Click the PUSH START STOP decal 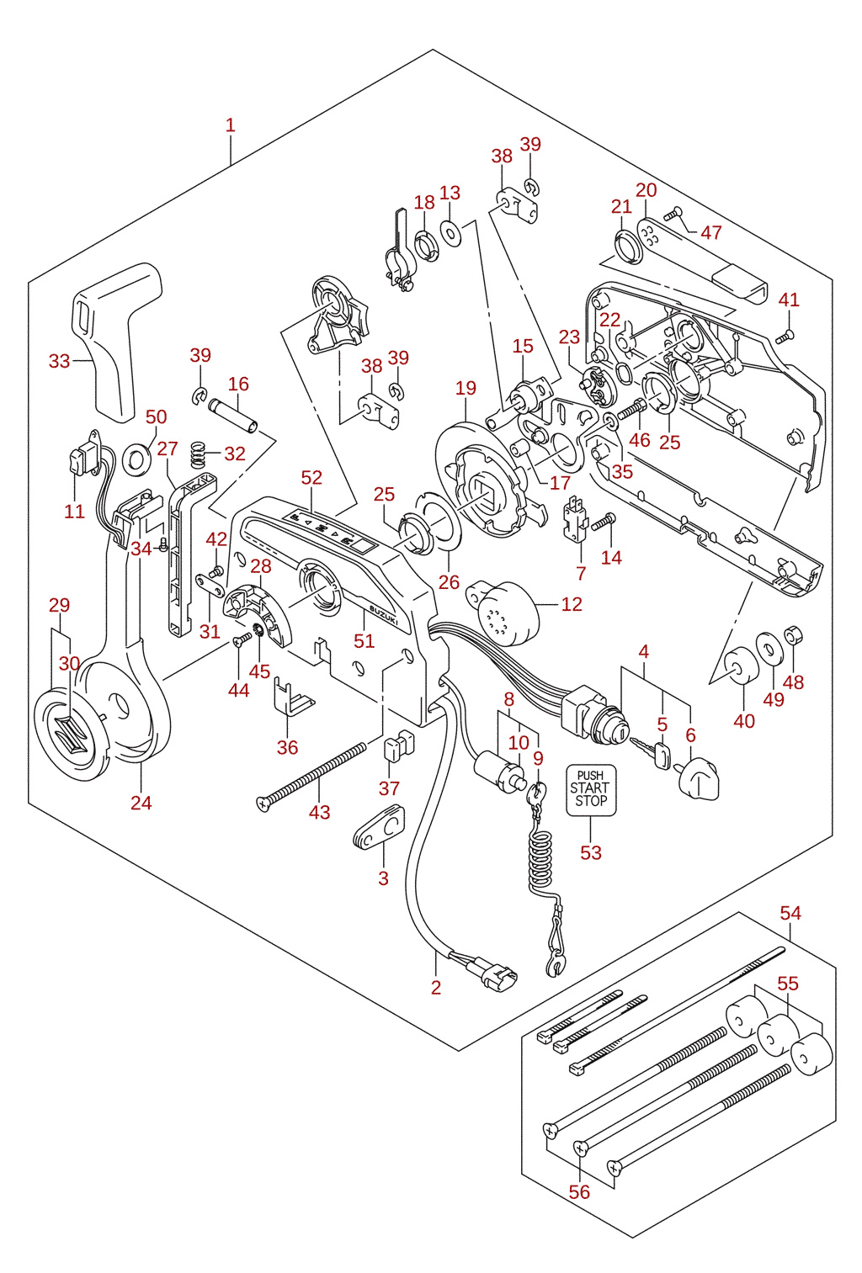pyautogui.click(x=591, y=790)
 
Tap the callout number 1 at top pyautogui.click(x=230, y=125)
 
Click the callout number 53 pyautogui.click(x=591, y=852)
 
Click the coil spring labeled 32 pyautogui.click(x=197, y=454)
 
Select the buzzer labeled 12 pyautogui.click(x=503, y=612)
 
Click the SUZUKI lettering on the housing pyautogui.click(x=385, y=616)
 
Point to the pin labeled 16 pyautogui.click(x=233, y=416)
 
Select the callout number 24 pyautogui.click(x=141, y=803)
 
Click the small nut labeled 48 pyautogui.click(x=793, y=636)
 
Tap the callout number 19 pyautogui.click(x=466, y=388)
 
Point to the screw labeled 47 pyautogui.click(x=673, y=215)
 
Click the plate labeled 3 pyautogui.click(x=378, y=828)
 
